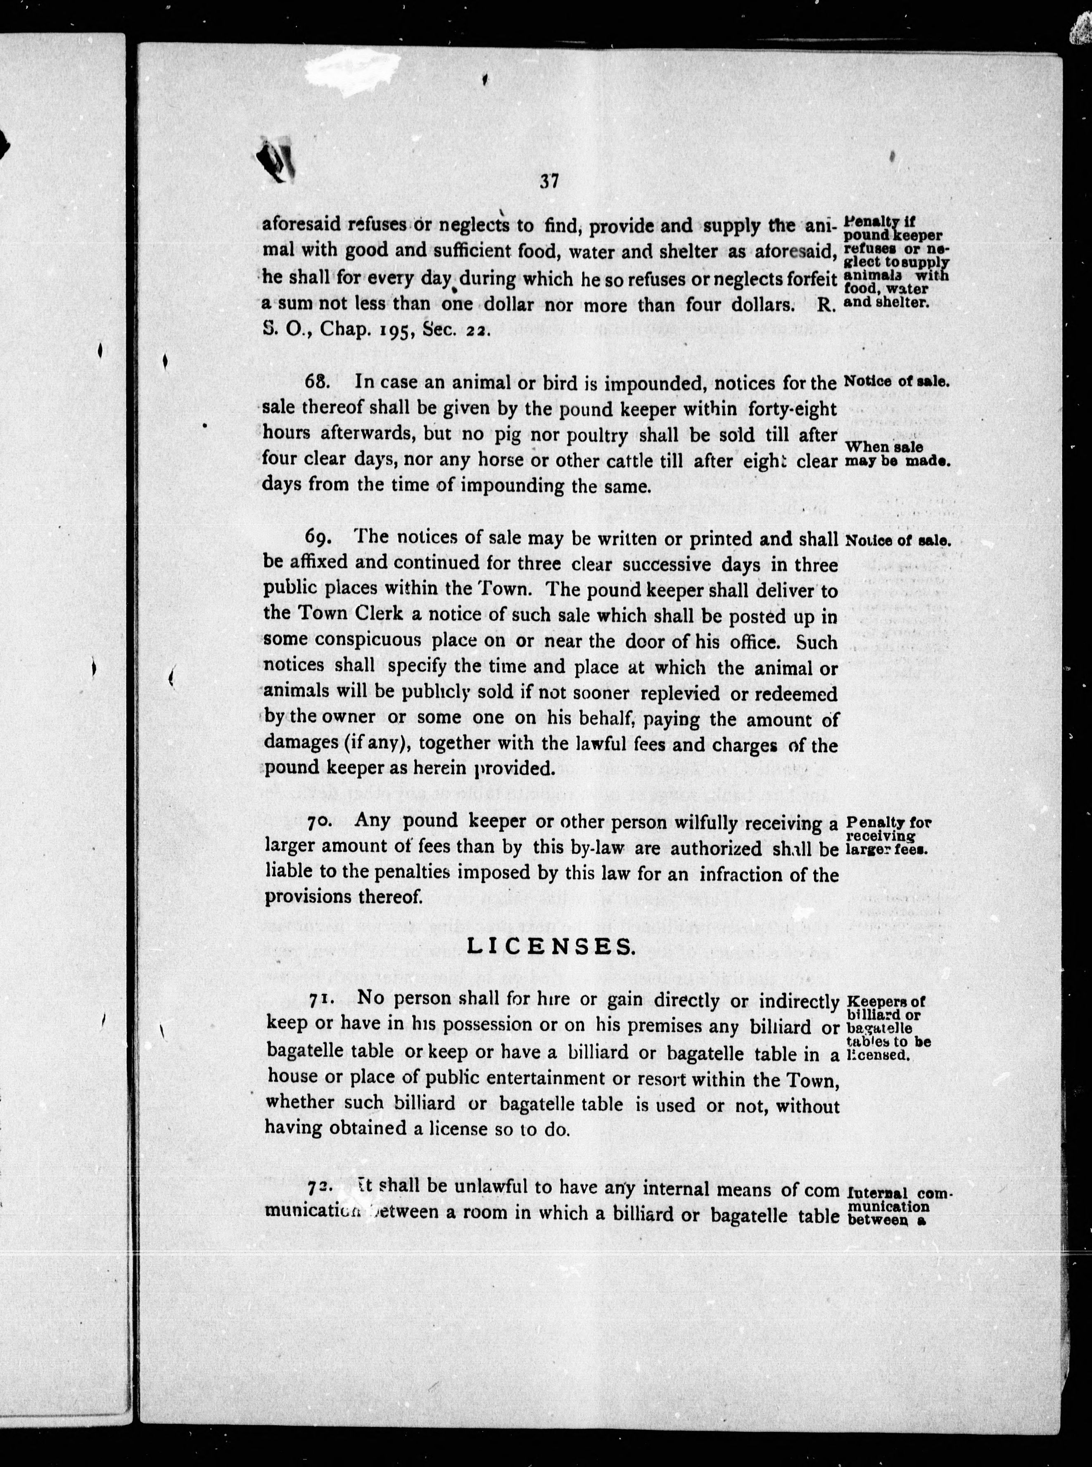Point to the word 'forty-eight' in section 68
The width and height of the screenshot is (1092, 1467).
[x=792, y=410]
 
